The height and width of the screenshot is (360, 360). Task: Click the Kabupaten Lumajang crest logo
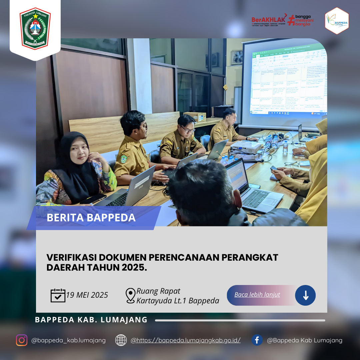coord(35,28)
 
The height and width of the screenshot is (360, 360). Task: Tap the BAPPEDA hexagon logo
coord(337,21)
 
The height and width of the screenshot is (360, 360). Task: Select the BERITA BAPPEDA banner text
coord(91,218)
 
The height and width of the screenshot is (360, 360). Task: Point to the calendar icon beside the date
coord(58,295)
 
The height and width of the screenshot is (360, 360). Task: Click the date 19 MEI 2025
coord(87,295)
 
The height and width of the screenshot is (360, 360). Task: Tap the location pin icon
coord(130,296)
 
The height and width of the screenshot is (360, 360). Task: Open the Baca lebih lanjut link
coord(257,295)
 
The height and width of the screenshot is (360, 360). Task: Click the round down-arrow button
coord(305,295)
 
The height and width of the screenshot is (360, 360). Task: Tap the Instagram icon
coord(22,340)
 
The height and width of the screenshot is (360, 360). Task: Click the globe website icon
coord(121,340)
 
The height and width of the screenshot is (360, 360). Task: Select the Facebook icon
coord(257,340)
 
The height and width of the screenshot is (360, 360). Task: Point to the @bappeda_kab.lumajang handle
coord(68,340)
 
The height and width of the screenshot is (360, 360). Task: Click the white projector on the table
coord(246,147)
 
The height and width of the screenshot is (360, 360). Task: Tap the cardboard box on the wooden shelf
coord(195,116)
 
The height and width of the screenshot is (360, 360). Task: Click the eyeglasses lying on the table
coord(292,164)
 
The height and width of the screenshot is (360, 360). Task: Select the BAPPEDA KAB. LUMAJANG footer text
coord(91,320)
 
